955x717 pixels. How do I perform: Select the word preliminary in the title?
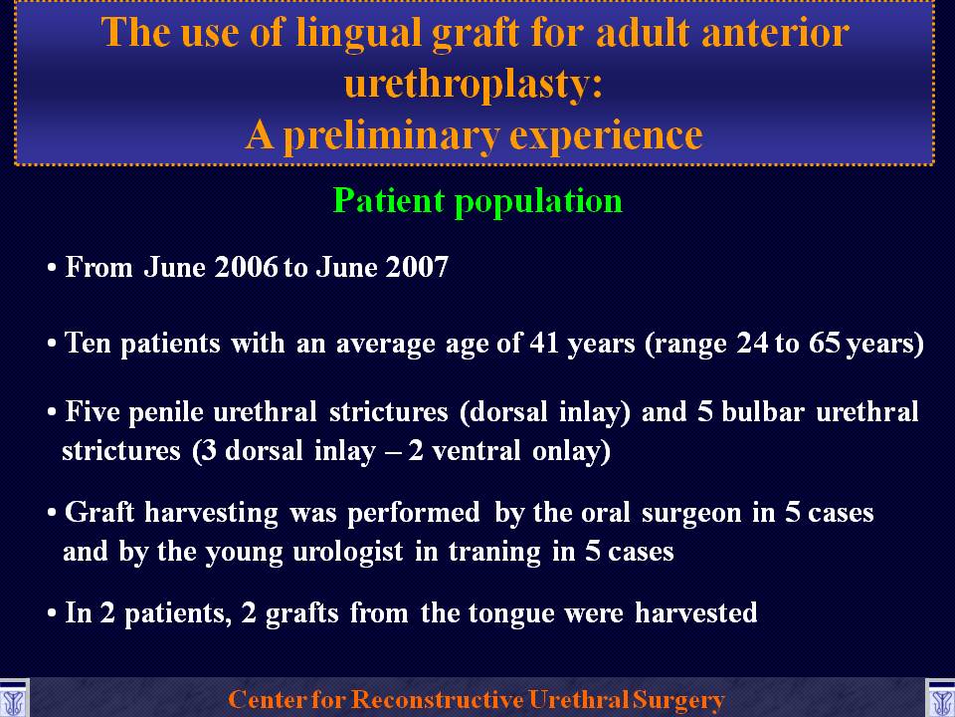[x=392, y=135]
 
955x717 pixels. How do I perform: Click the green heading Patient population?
[x=478, y=200]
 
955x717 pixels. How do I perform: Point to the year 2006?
[x=247, y=267]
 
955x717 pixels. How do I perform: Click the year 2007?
[x=417, y=267]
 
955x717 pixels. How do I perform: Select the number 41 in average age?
[x=544, y=343]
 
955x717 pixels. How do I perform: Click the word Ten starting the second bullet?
[x=88, y=343]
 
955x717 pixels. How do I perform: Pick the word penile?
[x=166, y=412]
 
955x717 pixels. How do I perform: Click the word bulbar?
[x=763, y=412]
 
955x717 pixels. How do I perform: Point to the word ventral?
[x=476, y=451]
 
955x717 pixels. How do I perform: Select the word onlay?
[x=571, y=452]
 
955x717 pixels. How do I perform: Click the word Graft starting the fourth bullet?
[x=99, y=512]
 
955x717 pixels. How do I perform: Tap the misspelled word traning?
[x=494, y=553]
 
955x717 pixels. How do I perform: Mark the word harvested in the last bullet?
[x=696, y=612]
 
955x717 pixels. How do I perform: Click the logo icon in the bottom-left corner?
[x=13, y=699]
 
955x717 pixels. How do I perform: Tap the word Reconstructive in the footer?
[x=437, y=699]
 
